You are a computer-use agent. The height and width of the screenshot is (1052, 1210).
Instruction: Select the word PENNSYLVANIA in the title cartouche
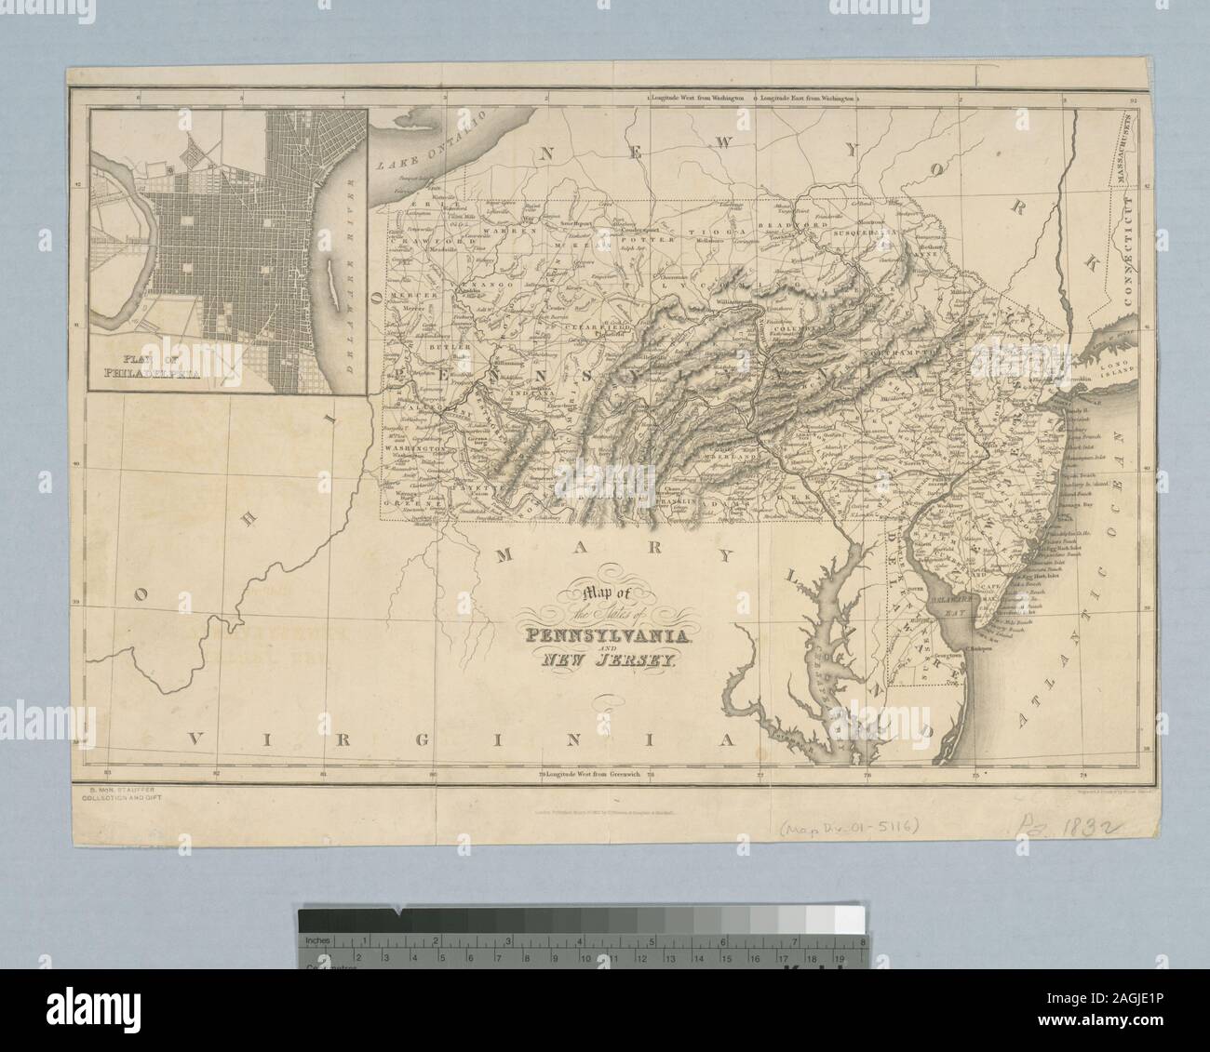point(606,637)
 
